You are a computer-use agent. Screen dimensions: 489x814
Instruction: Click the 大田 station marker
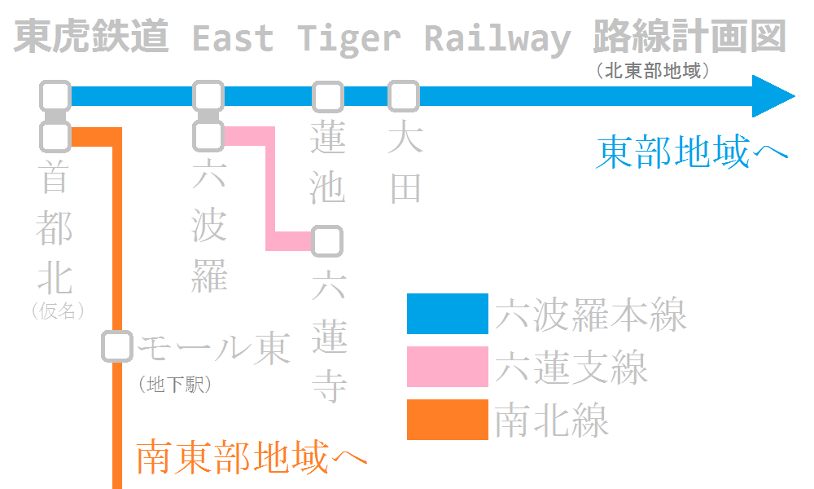[x=403, y=97]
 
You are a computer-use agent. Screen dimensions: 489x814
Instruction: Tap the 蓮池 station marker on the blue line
[x=328, y=97]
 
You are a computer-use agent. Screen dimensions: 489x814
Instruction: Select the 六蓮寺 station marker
[x=327, y=241]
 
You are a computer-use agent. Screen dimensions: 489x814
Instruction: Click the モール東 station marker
[x=117, y=346]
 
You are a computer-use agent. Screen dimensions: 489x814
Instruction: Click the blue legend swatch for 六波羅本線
[x=448, y=314]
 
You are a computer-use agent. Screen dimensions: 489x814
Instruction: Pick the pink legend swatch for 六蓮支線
[x=448, y=368]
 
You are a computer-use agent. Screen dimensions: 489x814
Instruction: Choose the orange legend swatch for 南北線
[x=448, y=420]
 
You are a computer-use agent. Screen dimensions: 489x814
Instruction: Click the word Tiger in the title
[x=349, y=38]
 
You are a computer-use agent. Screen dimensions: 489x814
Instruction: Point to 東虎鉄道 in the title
[x=91, y=37]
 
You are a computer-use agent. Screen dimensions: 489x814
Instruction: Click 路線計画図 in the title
[x=690, y=37]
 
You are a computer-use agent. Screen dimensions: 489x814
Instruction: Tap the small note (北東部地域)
[x=654, y=71]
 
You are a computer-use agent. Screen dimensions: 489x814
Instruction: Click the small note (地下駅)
[x=175, y=385]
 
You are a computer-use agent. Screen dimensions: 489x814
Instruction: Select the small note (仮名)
[x=58, y=311]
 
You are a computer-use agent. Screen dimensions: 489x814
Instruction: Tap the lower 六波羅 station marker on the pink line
[x=208, y=136]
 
